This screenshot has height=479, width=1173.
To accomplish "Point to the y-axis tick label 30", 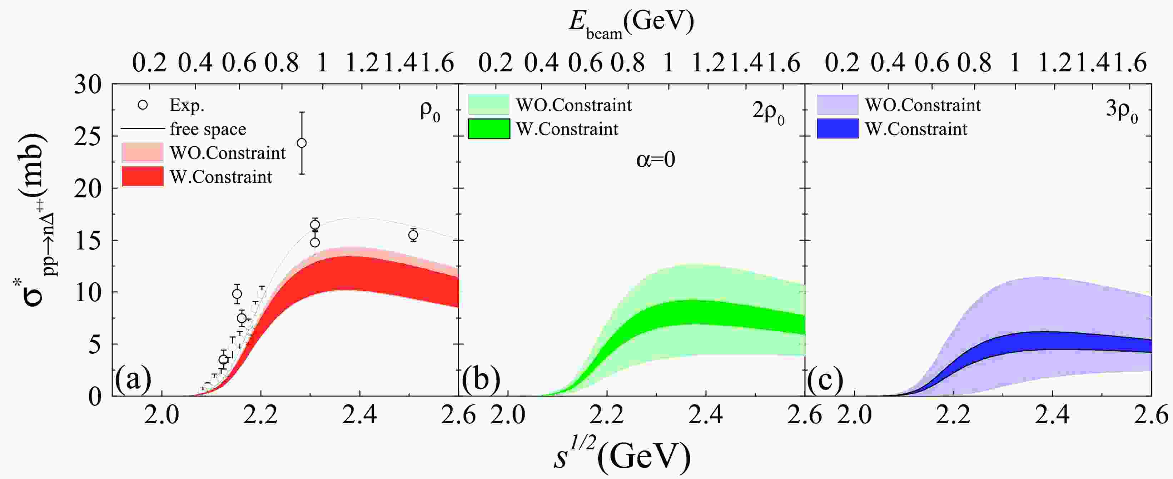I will (88, 85).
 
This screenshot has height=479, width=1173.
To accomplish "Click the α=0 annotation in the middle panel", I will (655, 160).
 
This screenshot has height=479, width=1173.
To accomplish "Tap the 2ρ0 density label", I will (768, 112).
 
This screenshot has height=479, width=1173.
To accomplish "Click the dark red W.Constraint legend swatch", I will (143, 176).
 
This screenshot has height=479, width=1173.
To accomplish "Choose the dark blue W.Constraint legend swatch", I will (837, 129).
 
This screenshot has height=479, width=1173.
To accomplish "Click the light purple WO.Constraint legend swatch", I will (837, 105).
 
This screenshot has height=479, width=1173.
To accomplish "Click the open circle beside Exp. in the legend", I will (143, 105).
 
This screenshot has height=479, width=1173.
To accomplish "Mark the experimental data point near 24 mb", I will (302, 143).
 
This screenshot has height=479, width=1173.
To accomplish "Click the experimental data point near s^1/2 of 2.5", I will (413, 235).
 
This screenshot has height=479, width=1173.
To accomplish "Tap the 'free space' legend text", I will (208, 129).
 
